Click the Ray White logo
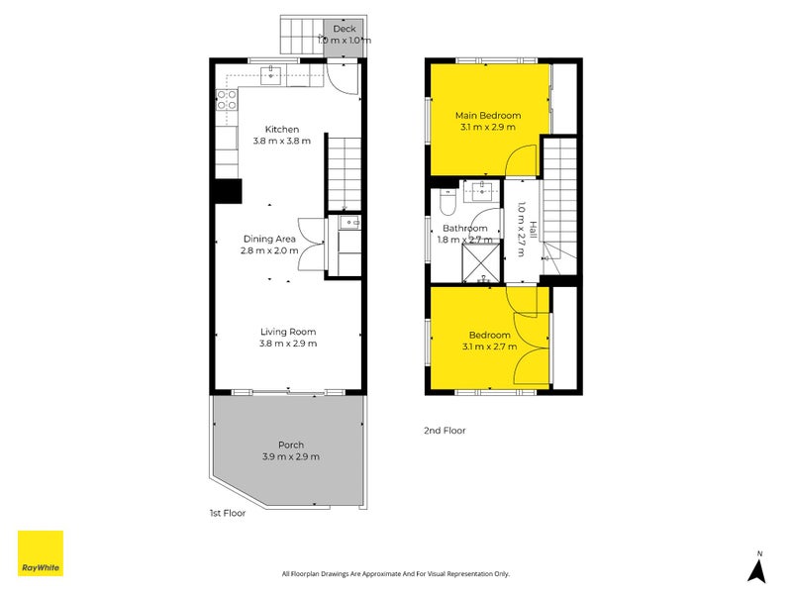pos(41,553)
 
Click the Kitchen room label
pos(282,130)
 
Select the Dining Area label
pos(269,239)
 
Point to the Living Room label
pos(288,332)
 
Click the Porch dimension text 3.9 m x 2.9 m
pos(291,456)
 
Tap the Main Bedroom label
pos(488,115)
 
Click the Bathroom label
pos(464,229)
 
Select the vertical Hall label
pos(533,230)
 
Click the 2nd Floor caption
pos(445,431)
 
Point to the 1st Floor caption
pos(228,513)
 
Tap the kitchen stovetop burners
pos(227,100)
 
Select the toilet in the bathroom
pos(448,202)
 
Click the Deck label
pos(345,29)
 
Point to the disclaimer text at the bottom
pos(396,574)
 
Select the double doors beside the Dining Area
pos(311,245)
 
